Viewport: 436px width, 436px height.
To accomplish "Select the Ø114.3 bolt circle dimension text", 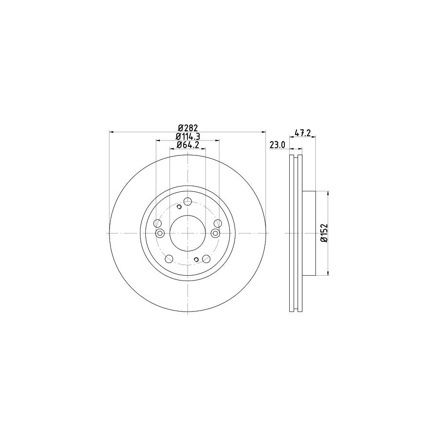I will [187, 136].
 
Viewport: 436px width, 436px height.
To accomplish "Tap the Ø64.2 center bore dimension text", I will [187, 145].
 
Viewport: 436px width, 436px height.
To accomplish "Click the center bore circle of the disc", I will [188, 233].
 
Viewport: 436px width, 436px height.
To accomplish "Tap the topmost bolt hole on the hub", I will [188, 202].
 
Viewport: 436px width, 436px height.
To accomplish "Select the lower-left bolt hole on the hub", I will [169, 259].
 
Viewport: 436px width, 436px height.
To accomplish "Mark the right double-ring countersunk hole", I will [216, 234].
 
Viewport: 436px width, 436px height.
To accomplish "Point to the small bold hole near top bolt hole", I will [179, 207].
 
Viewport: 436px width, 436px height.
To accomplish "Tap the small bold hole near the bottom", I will [196, 259].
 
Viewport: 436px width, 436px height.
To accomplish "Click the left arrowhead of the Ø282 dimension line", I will [112, 131].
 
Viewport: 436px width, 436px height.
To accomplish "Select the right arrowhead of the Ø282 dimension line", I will [264, 131].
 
